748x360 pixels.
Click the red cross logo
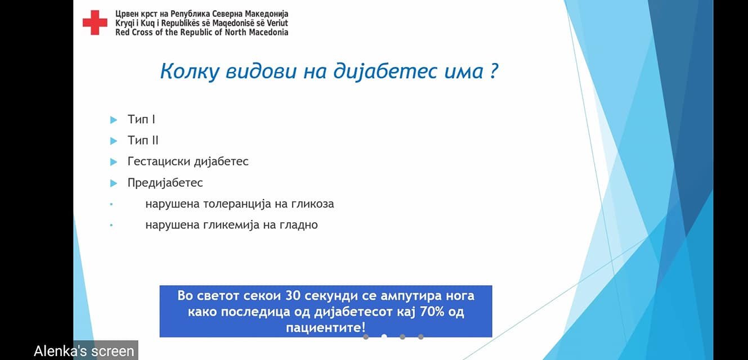click(x=95, y=22)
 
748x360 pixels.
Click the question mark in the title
click(x=494, y=70)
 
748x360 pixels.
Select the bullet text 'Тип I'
click(x=141, y=119)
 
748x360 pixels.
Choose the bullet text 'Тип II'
click(x=143, y=140)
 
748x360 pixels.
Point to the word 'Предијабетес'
click(x=165, y=183)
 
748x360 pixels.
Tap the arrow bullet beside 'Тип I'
click(x=114, y=120)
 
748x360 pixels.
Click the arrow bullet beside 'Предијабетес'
click(x=114, y=183)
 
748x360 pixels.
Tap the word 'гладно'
click(x=299, y=225)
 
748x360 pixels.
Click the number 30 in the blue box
click(x=293, y=296)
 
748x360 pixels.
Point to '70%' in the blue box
click(x=432, y=312)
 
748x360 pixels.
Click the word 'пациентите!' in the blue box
click(x=325, y=327)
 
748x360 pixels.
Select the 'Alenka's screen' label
click(x=84, y=351)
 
